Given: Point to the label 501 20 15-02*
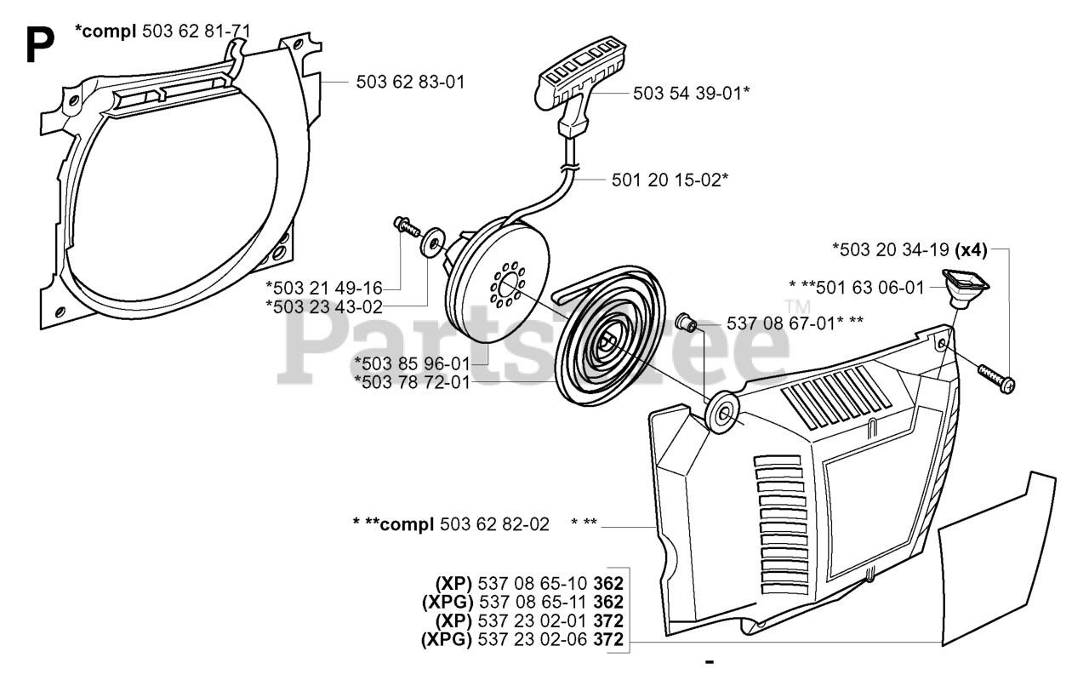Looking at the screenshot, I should point(669,180).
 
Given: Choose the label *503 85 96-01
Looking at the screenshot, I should point(412,363).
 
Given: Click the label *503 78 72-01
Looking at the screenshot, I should point(412,382).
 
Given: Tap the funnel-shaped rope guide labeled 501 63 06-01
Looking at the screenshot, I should point(960,292).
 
